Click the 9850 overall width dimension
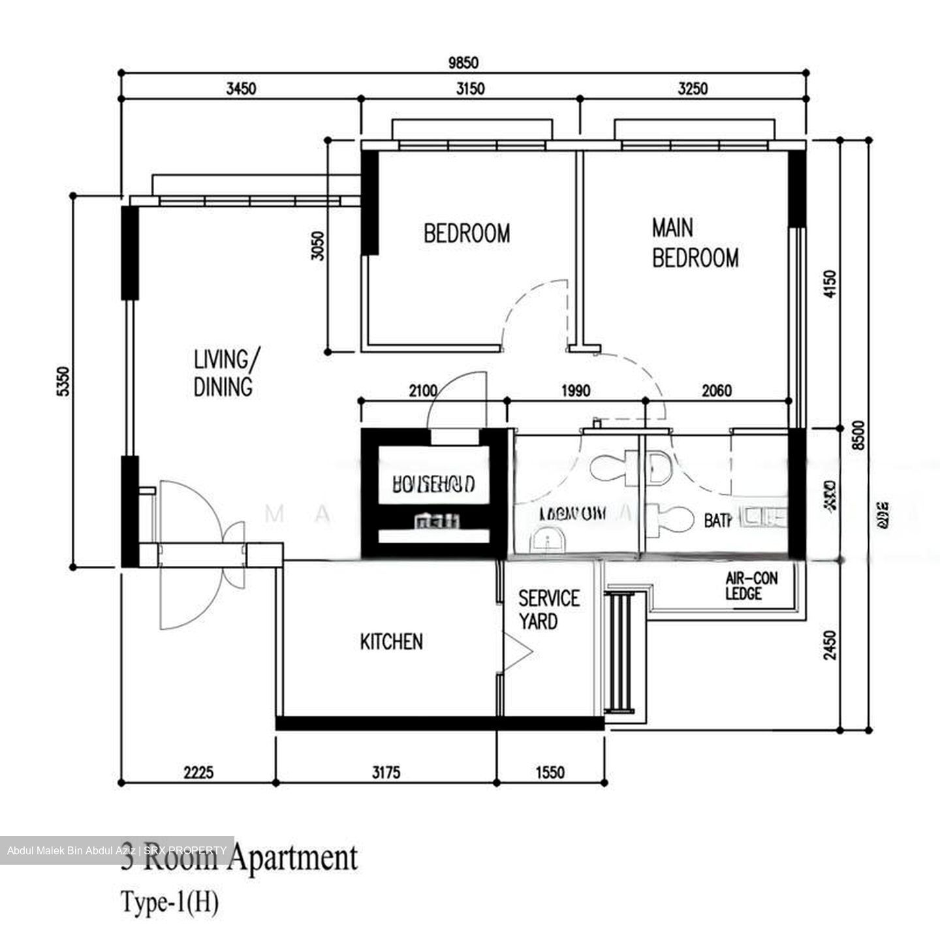463,63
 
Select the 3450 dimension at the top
241,88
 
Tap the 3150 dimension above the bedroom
469,88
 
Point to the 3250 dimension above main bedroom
692,88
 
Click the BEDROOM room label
467,234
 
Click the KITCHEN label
391,642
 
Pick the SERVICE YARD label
548,610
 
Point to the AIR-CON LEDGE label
751,585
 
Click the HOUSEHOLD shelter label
433,484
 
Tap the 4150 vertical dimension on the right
830,284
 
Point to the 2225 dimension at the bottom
198,773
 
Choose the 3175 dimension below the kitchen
386,773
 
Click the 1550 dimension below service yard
550,773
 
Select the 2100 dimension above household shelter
423,391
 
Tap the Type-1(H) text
170,903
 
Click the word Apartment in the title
294,857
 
